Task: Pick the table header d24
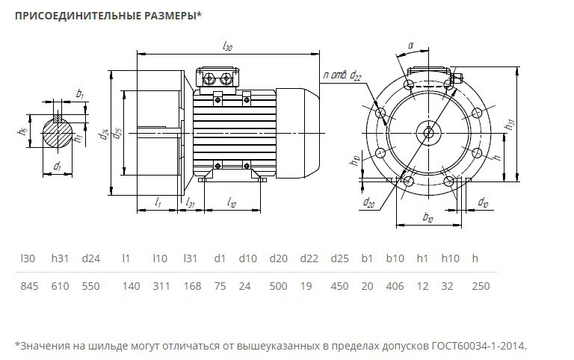click(90, 258)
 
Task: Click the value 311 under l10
click(161, 286)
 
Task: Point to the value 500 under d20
click(278, 286)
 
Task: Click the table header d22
click(309, 258)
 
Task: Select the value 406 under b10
click(395, 286)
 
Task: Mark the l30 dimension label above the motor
click(227, 46)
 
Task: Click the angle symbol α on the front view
click(410, 45)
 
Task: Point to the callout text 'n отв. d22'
click(343, 75)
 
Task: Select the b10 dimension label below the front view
click(428, 217)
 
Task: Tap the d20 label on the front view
click(368, 202)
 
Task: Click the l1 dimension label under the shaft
click(158, 202)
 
